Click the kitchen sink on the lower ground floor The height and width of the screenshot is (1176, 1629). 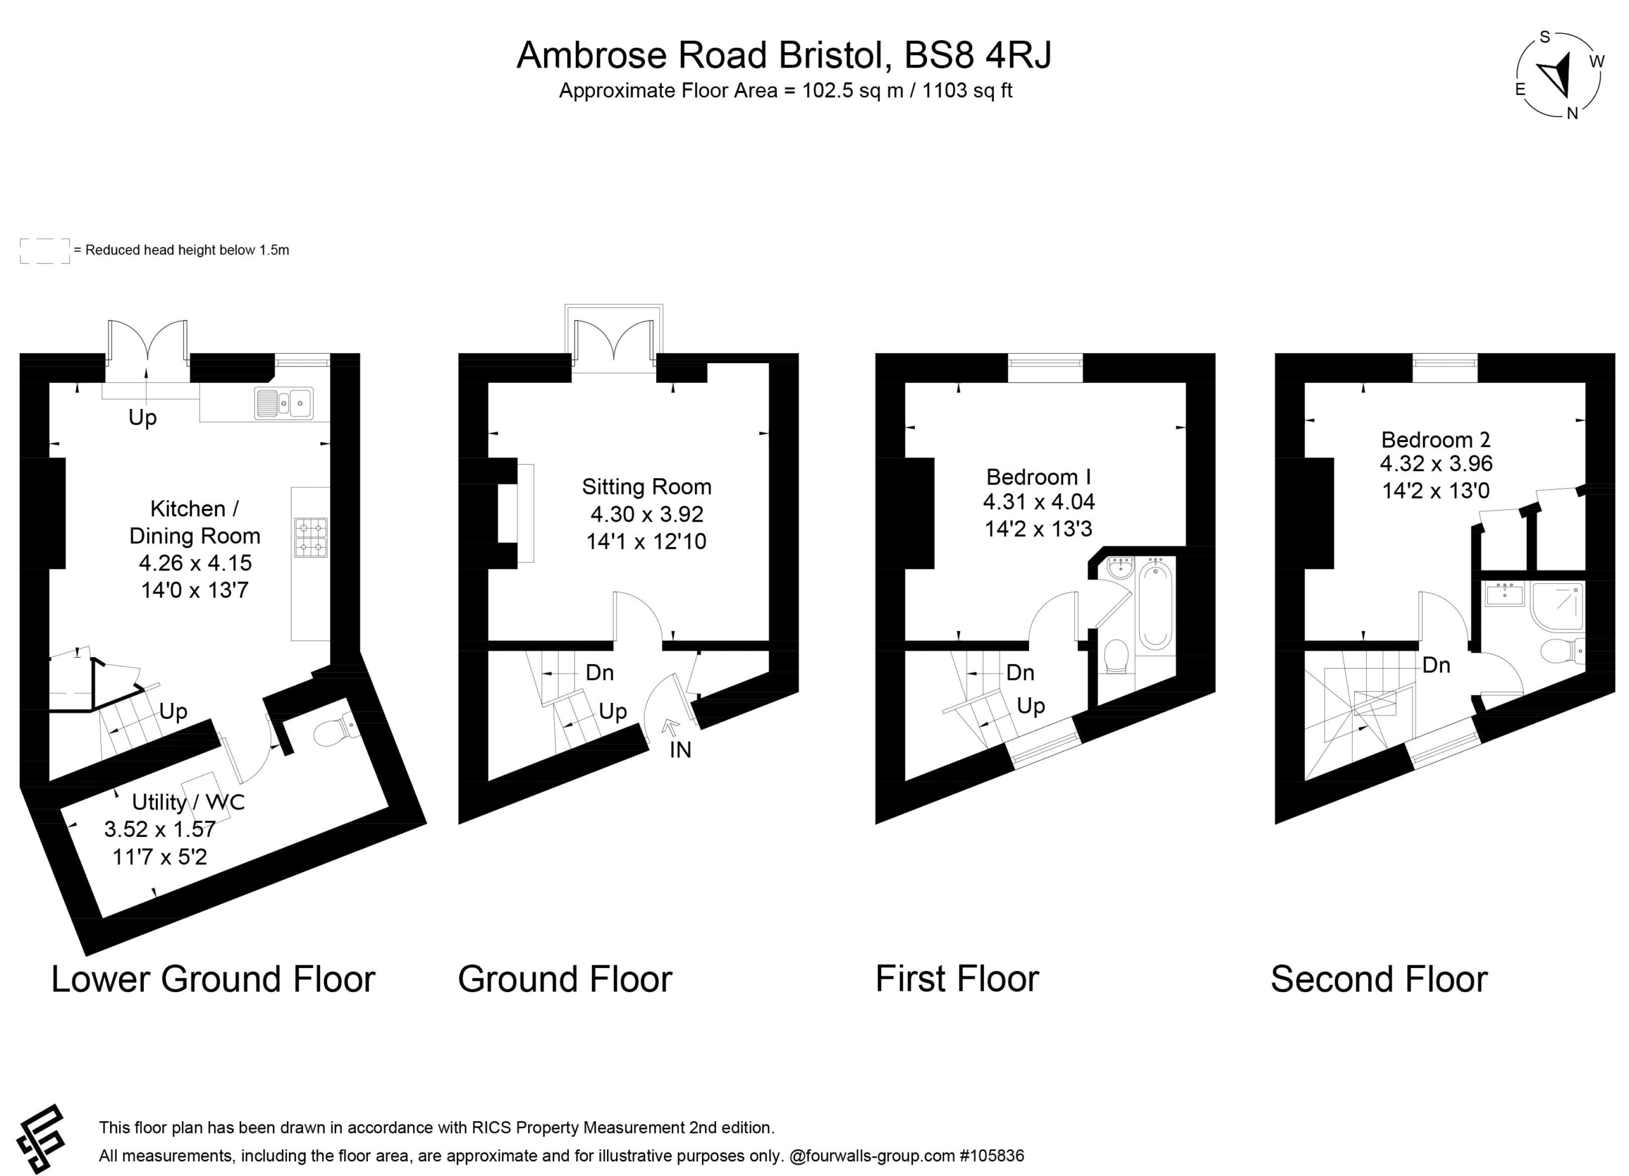click(284, 403)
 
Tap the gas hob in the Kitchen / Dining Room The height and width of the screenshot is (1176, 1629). click(311, 537)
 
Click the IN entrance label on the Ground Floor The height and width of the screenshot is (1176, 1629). click(680, 751)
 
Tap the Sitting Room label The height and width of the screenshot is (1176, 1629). click(647, 487)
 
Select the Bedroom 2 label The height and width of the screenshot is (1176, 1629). click(1436, 439)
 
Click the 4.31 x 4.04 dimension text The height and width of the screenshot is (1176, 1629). click(1038, 502)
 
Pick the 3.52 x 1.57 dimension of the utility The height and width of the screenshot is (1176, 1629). click(160, 829)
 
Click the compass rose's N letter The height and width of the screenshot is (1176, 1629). click(1572, 113)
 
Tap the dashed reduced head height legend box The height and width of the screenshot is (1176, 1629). click(45, 251)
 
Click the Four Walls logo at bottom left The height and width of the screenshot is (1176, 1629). click(41, 1138)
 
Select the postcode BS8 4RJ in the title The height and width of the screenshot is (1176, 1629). click(978, 55)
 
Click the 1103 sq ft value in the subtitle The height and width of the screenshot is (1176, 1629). click(967, 91)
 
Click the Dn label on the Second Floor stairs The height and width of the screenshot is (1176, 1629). click(1436, 665)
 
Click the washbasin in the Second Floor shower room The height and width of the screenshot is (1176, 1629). click(1505, 595)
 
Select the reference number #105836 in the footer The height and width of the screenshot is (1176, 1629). click(991, 1156)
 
